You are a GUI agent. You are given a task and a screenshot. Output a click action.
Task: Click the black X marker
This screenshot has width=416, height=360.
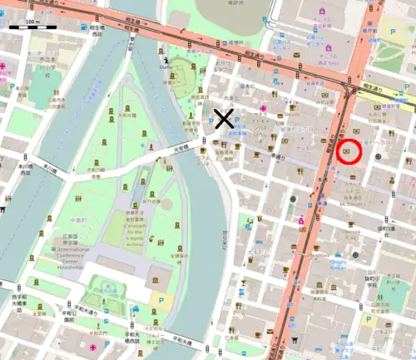click(x=223, y=119)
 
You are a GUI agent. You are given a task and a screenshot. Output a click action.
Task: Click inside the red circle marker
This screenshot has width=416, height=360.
click(x=348, y=151)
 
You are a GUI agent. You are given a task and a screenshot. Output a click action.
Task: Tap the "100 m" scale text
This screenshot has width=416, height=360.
click(x=32, y=20)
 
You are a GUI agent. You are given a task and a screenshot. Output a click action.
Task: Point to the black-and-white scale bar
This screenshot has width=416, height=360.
click(x=32, y=28)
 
